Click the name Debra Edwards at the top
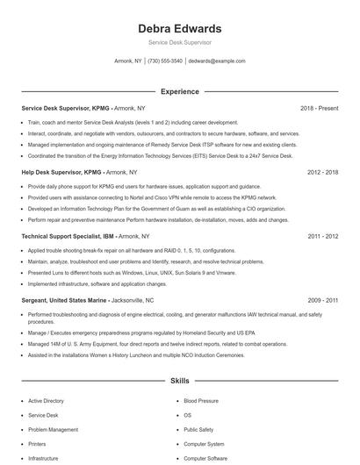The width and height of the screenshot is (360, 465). (x=179, y=29)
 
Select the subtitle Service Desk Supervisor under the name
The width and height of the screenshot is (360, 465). (x=179, y=42)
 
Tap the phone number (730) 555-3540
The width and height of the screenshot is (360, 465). (x=165, y=61)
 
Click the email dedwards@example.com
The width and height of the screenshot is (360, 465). (x=217, y=61)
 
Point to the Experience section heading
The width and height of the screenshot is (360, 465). (x=179, y=91)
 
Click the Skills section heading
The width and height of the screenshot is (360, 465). (x=179, y=383)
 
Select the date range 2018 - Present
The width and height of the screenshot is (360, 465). (x=319, y=108)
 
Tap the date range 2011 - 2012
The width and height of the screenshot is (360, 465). (x=322, y=237)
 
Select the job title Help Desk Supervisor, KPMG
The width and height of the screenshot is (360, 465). (x=66, y=173)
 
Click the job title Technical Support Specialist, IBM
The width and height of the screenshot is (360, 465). (x=68, y=237)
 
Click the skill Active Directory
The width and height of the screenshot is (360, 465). (x=46, y=401)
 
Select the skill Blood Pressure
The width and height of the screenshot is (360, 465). (x=201, y=401)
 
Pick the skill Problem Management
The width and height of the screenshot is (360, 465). (x=53, y=430)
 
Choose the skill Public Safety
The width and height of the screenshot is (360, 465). (x=198, y=430)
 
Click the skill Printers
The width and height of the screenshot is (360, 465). (x=39, y=445)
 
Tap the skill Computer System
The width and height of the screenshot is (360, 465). (x=204, y=445)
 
